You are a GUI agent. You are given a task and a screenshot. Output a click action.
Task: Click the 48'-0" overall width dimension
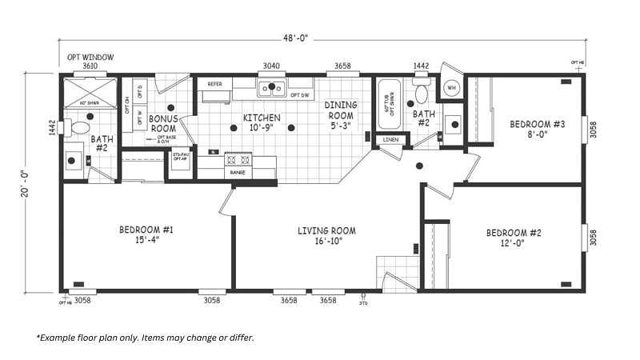click(294, 38)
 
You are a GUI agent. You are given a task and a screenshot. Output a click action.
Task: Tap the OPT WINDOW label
click(90, 58)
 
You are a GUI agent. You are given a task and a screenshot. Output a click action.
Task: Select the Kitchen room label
click(262, 118)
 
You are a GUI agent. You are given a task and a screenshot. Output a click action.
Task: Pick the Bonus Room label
click(162, 123)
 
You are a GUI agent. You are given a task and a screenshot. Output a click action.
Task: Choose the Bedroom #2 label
click(514, 234)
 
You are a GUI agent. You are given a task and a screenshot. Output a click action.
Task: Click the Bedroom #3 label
click(538, 124)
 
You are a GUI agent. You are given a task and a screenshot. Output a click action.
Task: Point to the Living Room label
click(326, 231)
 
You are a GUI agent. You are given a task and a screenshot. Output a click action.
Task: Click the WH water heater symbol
click(451, 88)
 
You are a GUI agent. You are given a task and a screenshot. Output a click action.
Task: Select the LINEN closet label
click(390, 140)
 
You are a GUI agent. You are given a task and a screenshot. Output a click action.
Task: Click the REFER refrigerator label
click(215, 84)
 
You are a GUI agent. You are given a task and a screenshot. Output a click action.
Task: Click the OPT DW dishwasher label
click(300, 95)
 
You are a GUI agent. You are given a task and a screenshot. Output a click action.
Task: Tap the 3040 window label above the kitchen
click(271, 66)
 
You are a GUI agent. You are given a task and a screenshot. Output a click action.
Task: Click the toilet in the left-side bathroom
click(78, 127)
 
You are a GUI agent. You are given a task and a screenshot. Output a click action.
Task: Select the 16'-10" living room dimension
click(326, 241)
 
